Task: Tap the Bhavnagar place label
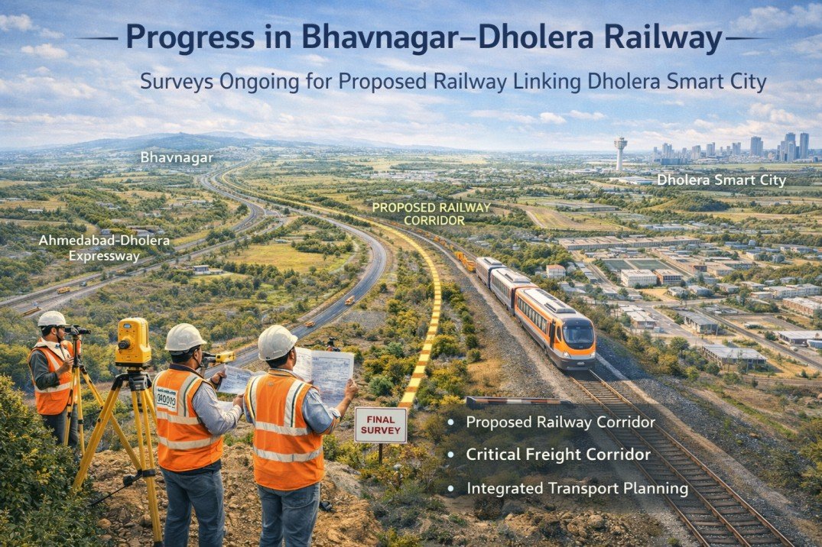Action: click(x=177, y=158)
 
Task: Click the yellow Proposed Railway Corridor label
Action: click(x=415, y=213)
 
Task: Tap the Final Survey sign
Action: click(x=380, y=425)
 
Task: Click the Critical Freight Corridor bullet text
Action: click(x=558, y=455)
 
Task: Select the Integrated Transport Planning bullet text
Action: click(x=577, y=487)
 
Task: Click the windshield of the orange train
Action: click(x=577, y=333)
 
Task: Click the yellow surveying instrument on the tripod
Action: click(x=134, y=341)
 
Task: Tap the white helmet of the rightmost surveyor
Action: click(x=277, y=342)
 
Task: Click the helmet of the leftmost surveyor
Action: click(x=52, y=319)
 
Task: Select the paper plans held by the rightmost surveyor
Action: click(x=324, y=373)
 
